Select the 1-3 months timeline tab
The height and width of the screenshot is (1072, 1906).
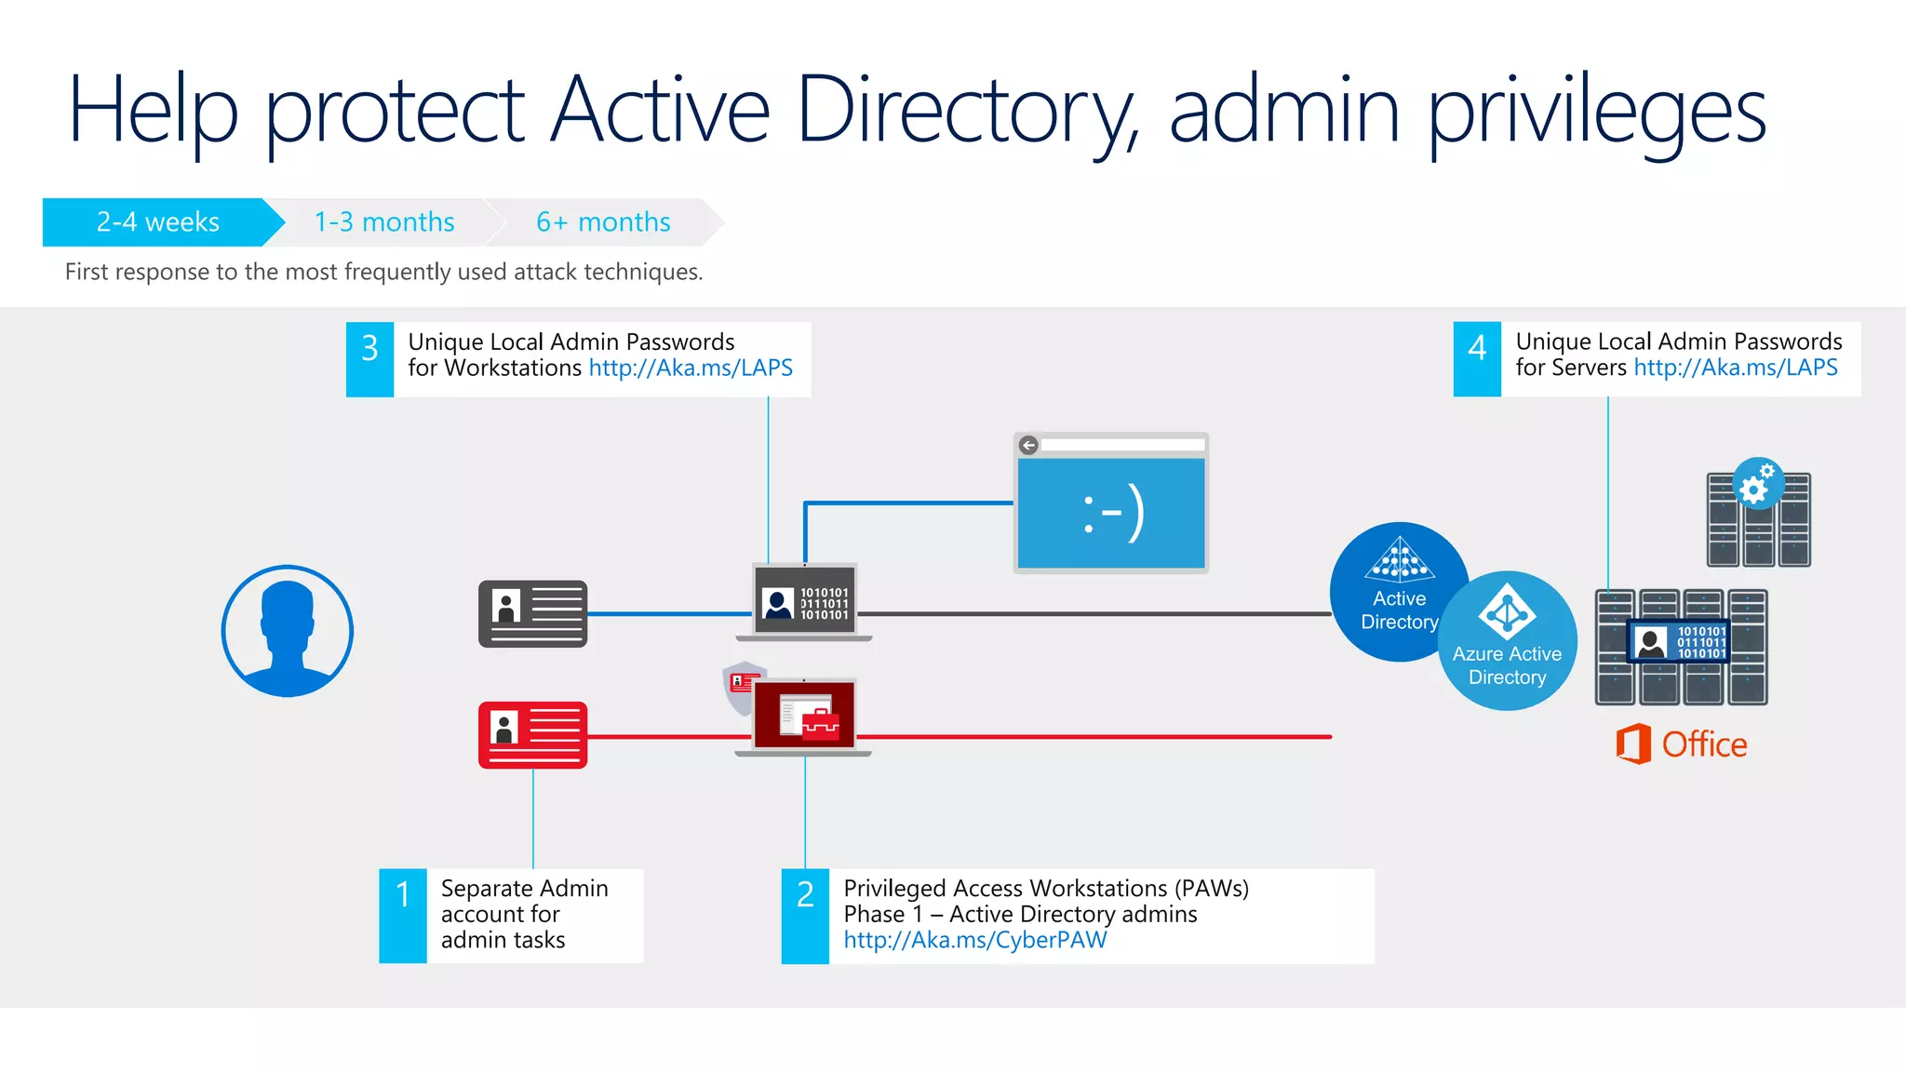click(x=383, y=222)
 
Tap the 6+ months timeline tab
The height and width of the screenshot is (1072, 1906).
click(x=603, y=222)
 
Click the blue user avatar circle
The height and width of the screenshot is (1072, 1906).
click(x=288, y=631)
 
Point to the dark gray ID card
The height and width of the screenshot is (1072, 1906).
click(x=532, y=613)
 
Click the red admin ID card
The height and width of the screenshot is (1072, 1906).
click(x=532, y=734)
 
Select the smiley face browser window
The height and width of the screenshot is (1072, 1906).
click(x=1110, y=502)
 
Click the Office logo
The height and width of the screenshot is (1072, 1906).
click(x=1681, y=744)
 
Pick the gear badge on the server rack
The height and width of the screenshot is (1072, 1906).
click(x=1757, y=483)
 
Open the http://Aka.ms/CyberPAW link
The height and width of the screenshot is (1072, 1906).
click(x=974, y=940)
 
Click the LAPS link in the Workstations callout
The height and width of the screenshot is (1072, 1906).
click(x=691, y=368)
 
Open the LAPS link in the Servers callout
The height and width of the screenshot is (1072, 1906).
click(x=1735, y=368)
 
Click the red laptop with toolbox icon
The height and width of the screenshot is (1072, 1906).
click(x=803, y=715)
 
